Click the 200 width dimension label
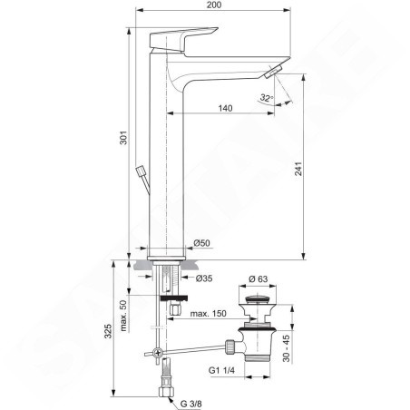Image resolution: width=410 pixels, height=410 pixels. pos(214,5)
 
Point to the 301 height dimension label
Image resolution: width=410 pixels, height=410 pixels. pos(123,138)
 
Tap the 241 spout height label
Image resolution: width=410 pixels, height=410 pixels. pos(298,169)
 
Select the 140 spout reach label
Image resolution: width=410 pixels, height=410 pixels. pos(225,108)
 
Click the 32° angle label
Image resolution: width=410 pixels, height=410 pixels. pos(267,98)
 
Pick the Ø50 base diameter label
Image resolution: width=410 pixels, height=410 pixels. pos(201,243)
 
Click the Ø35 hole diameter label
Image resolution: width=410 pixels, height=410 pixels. pos(204,278)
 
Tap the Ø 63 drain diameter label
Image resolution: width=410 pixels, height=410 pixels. pos(258,278)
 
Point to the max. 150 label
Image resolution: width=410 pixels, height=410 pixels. pos(208,314)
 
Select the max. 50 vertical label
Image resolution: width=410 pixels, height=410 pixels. pos(123,316)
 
